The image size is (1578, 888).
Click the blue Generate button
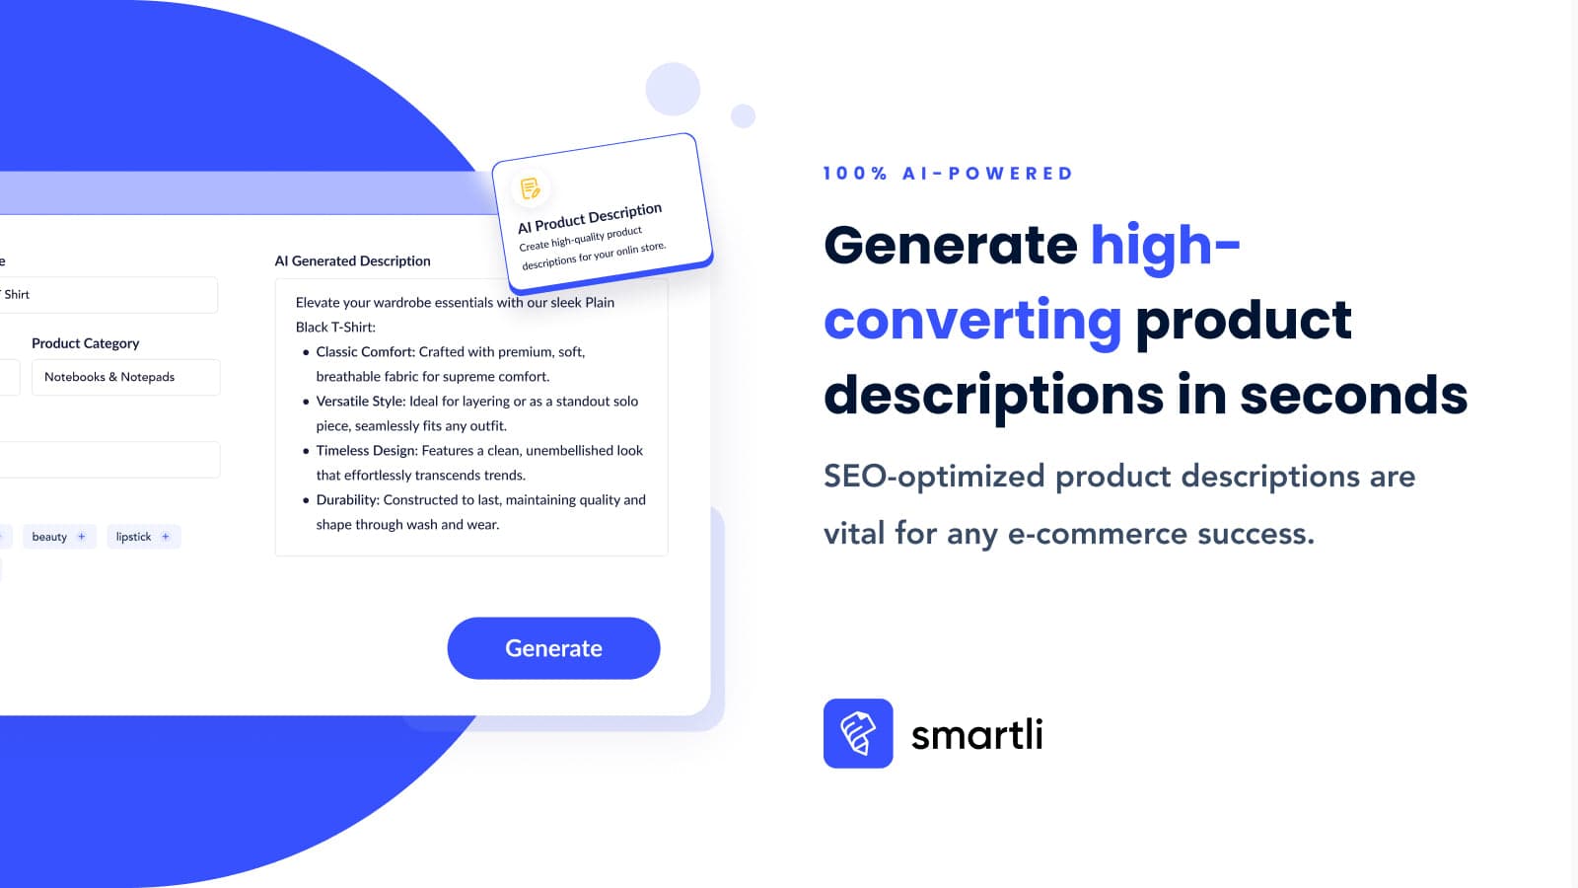tap(553, 647)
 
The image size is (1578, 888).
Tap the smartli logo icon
tap(858, 733)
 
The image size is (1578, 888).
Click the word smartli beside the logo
tap(977, 734)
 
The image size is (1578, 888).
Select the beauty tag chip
tap(59, 537)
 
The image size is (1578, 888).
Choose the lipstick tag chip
tap(144, 537)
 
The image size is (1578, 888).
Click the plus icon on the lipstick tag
tap(166, 537)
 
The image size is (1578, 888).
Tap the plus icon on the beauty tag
tap(82, 537)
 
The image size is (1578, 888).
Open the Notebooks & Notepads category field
tap(125, 377)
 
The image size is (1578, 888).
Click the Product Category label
tap(85, 343)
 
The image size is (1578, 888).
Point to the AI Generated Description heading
tap(352, 260)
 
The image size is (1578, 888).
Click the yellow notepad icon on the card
tap(530, 188)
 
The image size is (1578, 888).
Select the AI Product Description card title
tap(590, 218)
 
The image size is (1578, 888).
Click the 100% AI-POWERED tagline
tap(948, 174)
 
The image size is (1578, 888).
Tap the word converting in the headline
tap(972, 321)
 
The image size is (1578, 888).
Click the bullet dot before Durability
tap(306, 500)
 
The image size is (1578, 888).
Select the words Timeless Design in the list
tap(367, 450)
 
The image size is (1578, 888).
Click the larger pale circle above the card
tap(673, 89)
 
